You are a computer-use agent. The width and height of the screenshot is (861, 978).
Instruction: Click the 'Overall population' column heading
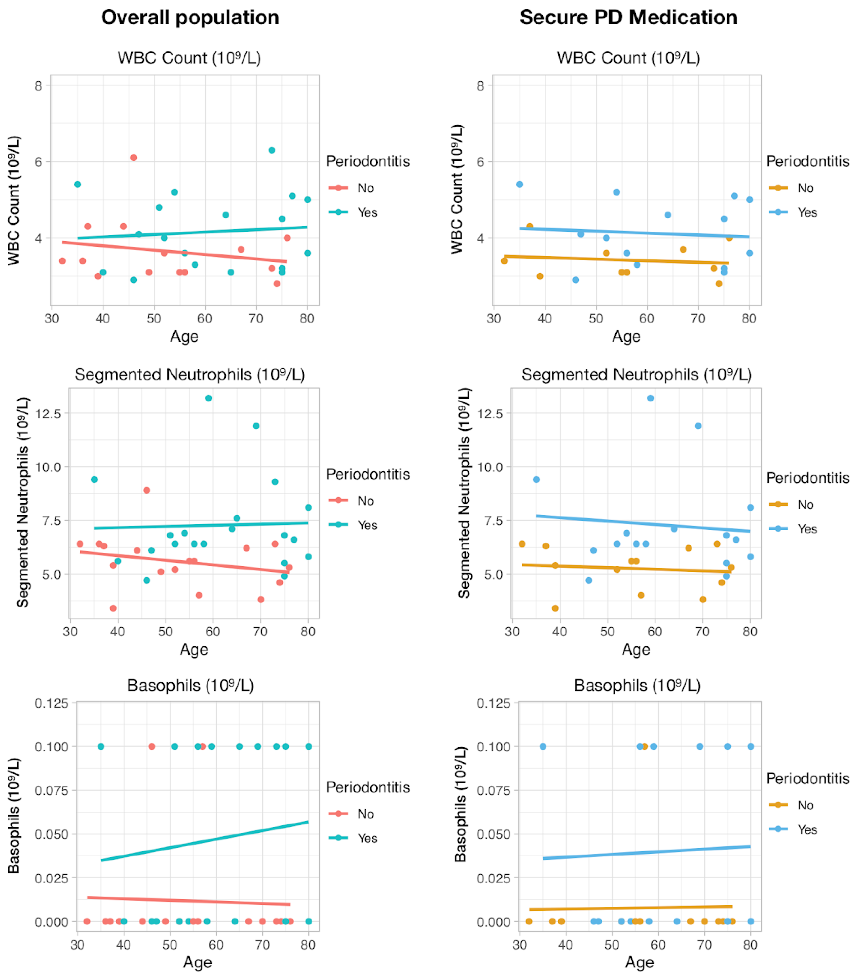(190, 18)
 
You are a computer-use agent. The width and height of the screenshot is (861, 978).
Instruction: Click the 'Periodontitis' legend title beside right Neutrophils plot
(807, 478)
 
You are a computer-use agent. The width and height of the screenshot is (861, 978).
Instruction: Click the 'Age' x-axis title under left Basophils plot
(198, 962)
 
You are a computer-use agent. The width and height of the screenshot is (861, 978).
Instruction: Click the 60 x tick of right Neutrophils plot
(654, 632)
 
